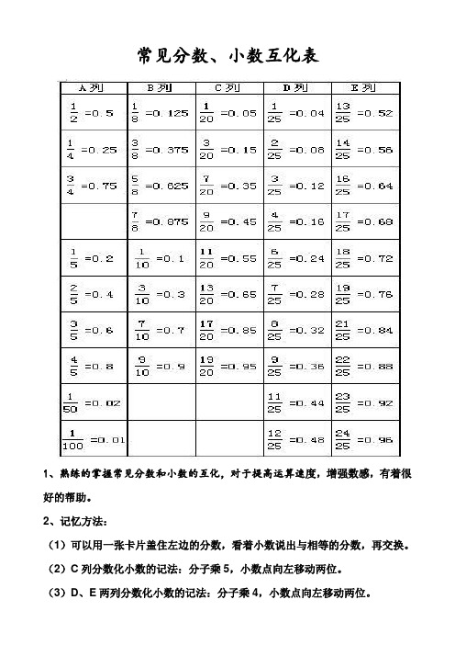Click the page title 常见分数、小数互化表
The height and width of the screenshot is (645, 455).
point(227,56)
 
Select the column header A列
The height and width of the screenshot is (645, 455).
point(91,88)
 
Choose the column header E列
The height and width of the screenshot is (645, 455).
point(366,88)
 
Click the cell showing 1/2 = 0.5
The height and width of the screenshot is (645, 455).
point(91,112)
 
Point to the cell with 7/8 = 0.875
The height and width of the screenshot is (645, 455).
point(160,221)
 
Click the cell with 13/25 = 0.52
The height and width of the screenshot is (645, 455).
point(366,112)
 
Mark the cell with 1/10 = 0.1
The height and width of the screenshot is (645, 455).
point(160,258)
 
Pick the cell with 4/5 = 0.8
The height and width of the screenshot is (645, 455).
point(91,367)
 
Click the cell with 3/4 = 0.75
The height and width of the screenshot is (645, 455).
point(91,185)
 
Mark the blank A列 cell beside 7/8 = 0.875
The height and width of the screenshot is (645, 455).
point(91,221)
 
